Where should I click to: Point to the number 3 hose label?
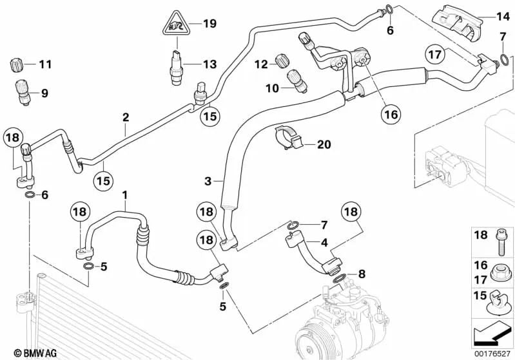point(208,182)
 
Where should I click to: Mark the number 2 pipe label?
point(126,117)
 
